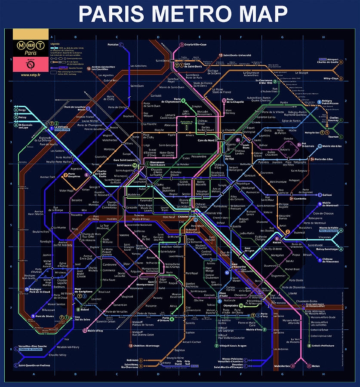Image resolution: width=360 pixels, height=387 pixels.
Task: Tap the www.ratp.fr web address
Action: (31, 75)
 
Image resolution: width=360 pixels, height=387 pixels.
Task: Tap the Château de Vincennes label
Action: (331, 260)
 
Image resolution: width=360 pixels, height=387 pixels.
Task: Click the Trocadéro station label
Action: (76, 215)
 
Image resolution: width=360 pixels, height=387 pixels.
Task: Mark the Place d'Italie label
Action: (223, 294)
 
